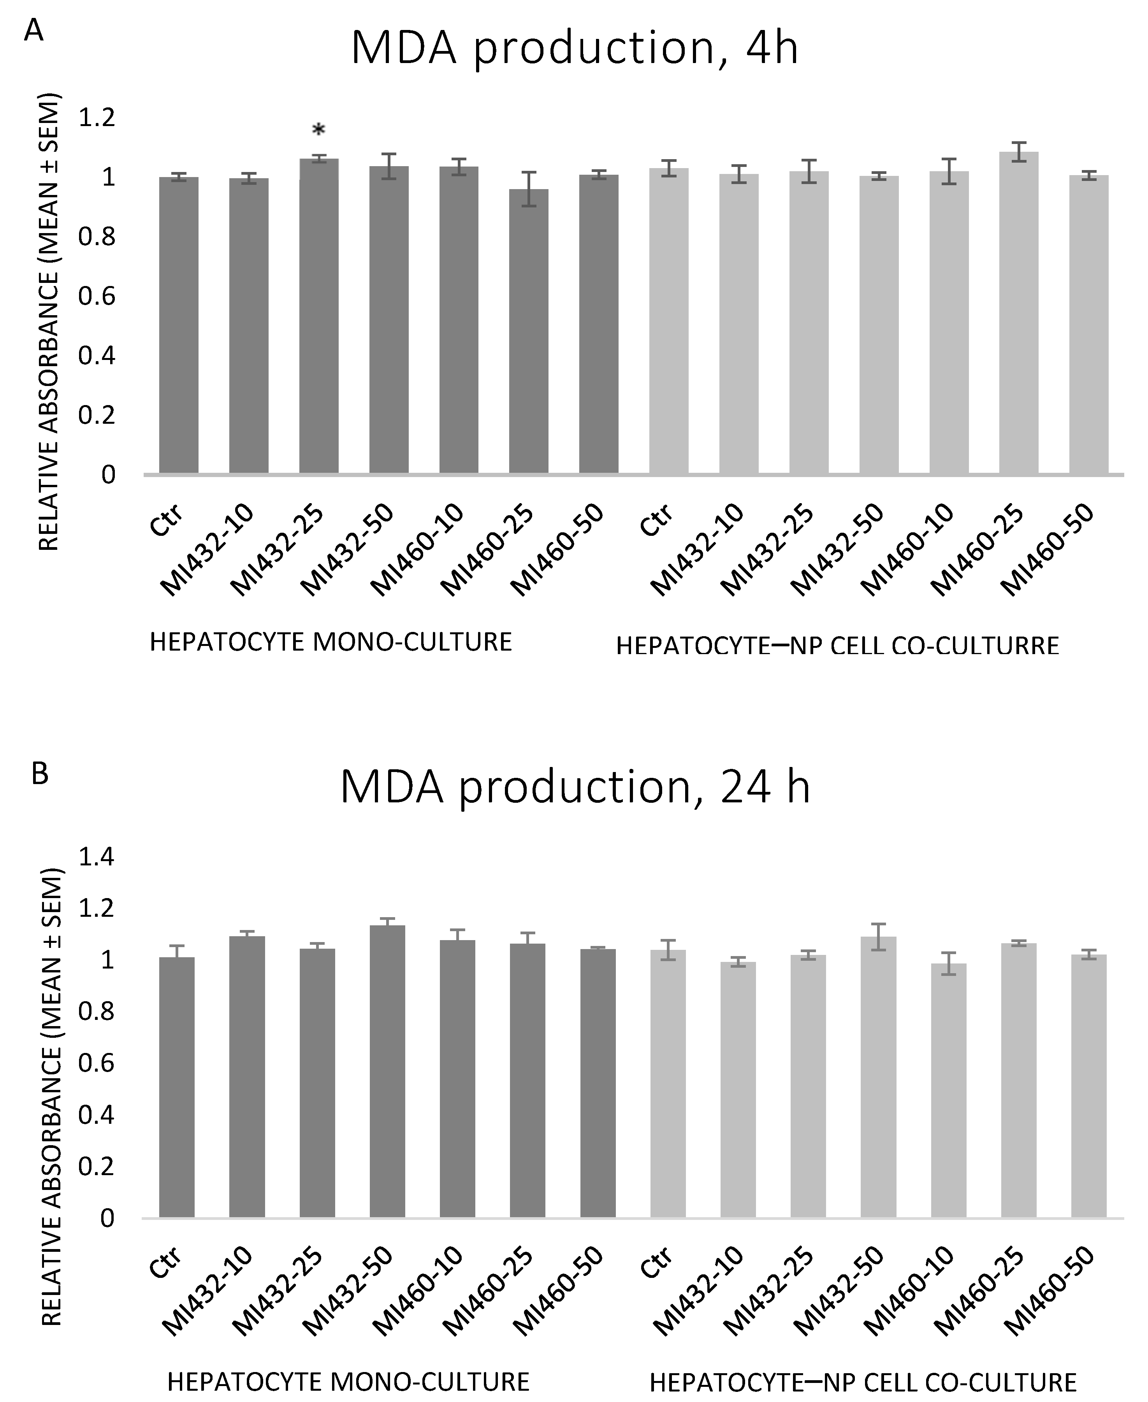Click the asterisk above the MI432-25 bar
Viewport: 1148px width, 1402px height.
click(319, 130)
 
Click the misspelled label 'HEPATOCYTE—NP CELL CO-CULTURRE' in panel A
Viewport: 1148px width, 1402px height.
click(837, 646)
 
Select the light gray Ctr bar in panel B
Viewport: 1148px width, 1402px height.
click(668, 1084)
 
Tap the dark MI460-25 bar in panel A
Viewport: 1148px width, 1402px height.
click(528, 330)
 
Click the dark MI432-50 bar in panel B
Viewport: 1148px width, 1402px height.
click(387, 1071)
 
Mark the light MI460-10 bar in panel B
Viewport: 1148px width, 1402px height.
click(948, 1091)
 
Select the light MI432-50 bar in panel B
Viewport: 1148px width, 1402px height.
click(878, 1077)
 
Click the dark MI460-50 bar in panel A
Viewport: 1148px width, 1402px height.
click(598, 324)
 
